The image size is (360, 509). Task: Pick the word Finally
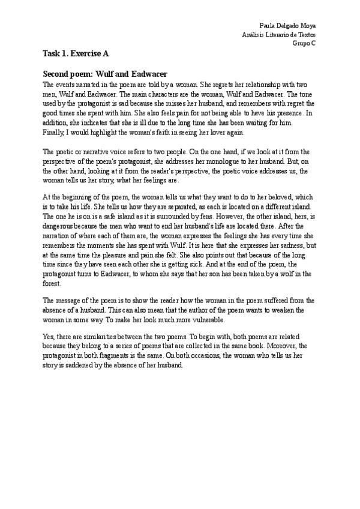click(54, 131)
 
